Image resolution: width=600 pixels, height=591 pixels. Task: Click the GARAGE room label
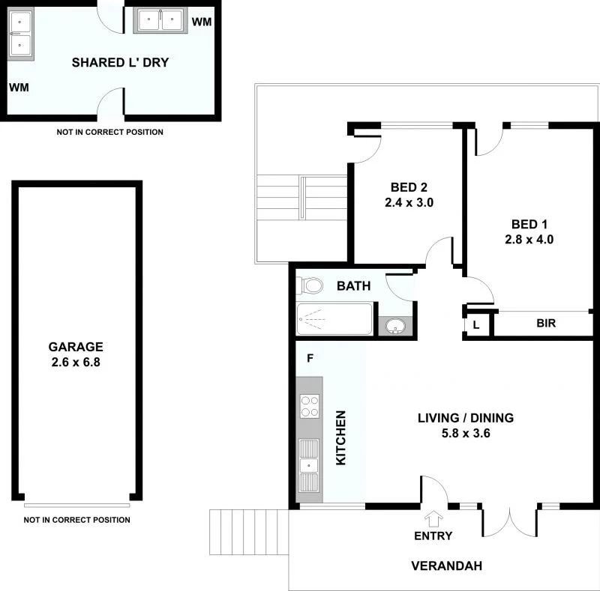point(76,347)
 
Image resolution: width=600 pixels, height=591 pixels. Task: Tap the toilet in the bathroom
point(310,285)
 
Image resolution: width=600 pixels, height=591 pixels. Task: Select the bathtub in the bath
point(334,319)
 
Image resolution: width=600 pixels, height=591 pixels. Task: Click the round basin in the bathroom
point(395,327)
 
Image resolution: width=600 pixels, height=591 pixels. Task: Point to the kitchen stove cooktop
point(309,405)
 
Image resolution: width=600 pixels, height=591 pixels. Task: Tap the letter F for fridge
point(309,358)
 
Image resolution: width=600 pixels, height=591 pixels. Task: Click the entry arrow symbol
point(433,518)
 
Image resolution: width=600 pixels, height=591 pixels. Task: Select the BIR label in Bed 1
point(545,324)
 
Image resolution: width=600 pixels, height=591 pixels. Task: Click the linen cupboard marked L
point(476,324)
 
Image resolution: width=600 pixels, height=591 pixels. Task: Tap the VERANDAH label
point(446,566)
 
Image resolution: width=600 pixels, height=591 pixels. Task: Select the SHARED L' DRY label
point(120,62)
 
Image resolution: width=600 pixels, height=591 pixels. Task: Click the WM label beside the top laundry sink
point(201,21)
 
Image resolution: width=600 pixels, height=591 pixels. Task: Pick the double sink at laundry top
point(160,20)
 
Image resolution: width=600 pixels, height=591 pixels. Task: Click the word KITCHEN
point(340,437)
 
